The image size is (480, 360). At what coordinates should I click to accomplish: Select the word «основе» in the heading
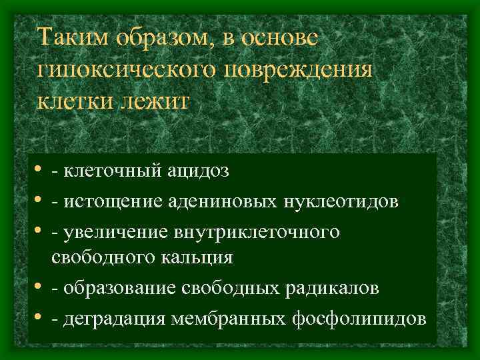pos(280,37)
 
